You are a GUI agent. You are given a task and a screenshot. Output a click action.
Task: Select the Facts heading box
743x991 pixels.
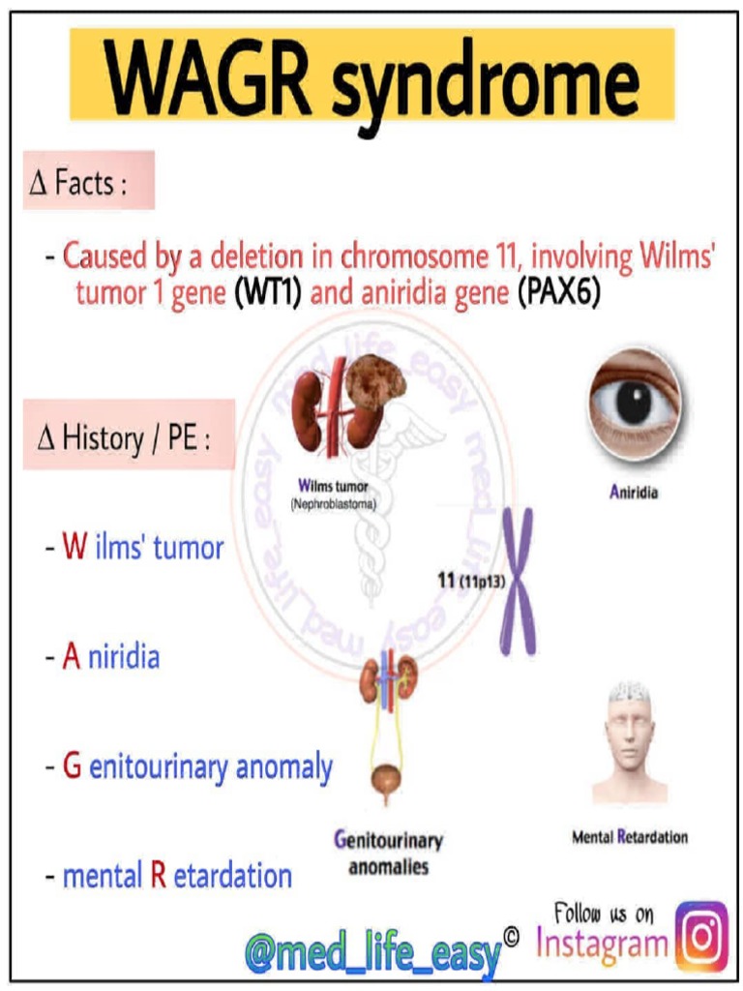coord(89,181)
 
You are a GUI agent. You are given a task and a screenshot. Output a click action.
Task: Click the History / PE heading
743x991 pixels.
coord(129,436)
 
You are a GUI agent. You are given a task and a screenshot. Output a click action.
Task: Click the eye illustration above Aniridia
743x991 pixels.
coord(634,402)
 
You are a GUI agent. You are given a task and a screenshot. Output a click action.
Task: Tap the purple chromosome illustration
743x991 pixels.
coord(518,581)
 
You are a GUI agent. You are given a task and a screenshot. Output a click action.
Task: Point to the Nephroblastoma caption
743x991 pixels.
coord(333,504)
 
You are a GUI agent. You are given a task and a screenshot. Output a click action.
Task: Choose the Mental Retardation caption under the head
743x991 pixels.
coord(629,837)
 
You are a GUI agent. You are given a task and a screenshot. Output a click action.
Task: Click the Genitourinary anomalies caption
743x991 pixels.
coord(388,853)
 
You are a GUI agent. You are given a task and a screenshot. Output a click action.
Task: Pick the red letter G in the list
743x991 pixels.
coord(72,767)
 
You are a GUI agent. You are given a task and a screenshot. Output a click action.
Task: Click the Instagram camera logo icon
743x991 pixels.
coord(701,936)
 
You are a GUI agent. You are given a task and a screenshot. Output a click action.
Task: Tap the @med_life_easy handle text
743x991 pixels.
coord(373,954)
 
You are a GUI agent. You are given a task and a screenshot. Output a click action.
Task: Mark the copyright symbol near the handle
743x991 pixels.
coord(512,935)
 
